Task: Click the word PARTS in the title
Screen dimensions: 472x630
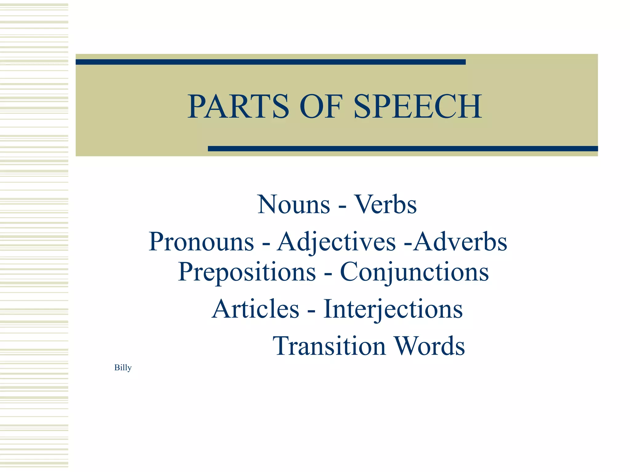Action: (238, 106)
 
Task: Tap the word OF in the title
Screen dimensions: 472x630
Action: (321, 106)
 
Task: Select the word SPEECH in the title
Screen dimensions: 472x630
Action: (418, 106)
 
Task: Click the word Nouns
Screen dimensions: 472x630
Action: (294, 205)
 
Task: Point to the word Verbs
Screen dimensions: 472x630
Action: (386, 205)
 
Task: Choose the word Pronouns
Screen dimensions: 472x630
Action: (201, 242)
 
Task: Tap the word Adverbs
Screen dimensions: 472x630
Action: (460, 242)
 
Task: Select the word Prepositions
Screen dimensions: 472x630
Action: (247, 272)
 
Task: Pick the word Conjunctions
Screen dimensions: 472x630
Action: (414, 272)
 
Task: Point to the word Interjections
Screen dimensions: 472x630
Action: (393, 309)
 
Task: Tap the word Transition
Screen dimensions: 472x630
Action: (329, 346)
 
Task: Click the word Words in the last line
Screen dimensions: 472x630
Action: (430, 346)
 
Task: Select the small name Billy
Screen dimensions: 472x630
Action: (123, 368)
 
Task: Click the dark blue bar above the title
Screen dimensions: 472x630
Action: (271, 62)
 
